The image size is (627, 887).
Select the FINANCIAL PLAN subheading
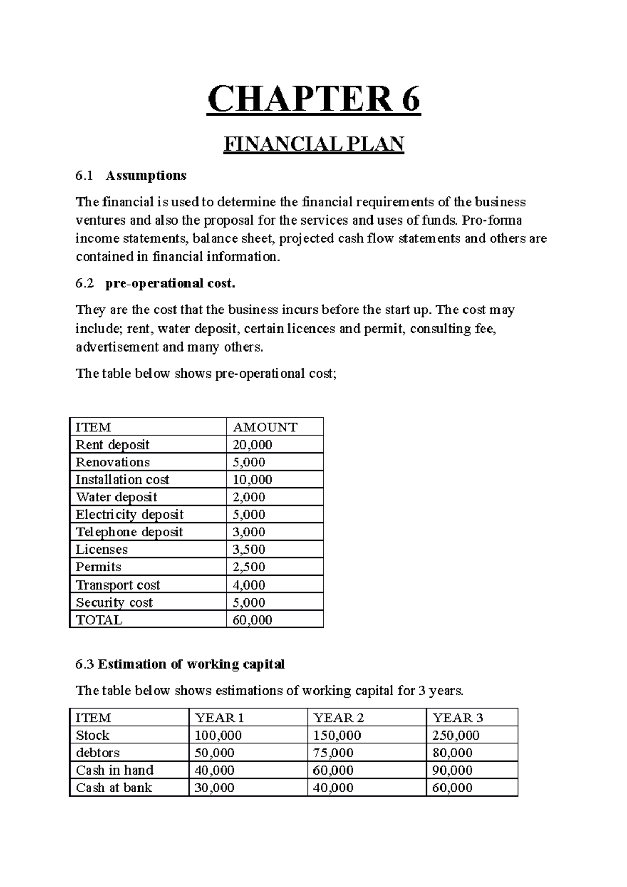pos(313,144)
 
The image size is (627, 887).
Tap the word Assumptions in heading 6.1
pos(146,176)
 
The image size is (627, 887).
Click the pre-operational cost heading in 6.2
pos(170,284)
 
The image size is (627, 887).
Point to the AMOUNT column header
pos(265,427)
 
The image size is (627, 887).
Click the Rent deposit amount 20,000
pos(252,445)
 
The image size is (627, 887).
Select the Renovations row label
pos(112,462)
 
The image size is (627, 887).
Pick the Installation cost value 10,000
pos(252,480)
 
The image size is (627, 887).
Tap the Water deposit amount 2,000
pos(249,497)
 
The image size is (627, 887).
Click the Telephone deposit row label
pos(129,532)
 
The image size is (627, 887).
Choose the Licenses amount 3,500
pos(249,550)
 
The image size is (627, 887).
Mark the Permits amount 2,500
pos(249,567)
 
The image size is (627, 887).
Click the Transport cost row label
pos(118,585)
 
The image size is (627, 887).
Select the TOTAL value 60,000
pos(252,620)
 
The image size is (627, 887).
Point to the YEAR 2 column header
pos(338,718)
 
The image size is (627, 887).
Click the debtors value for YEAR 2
pos(333,753)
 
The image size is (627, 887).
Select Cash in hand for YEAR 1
pos(214,771)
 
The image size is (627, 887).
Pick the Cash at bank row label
pos(114,788)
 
